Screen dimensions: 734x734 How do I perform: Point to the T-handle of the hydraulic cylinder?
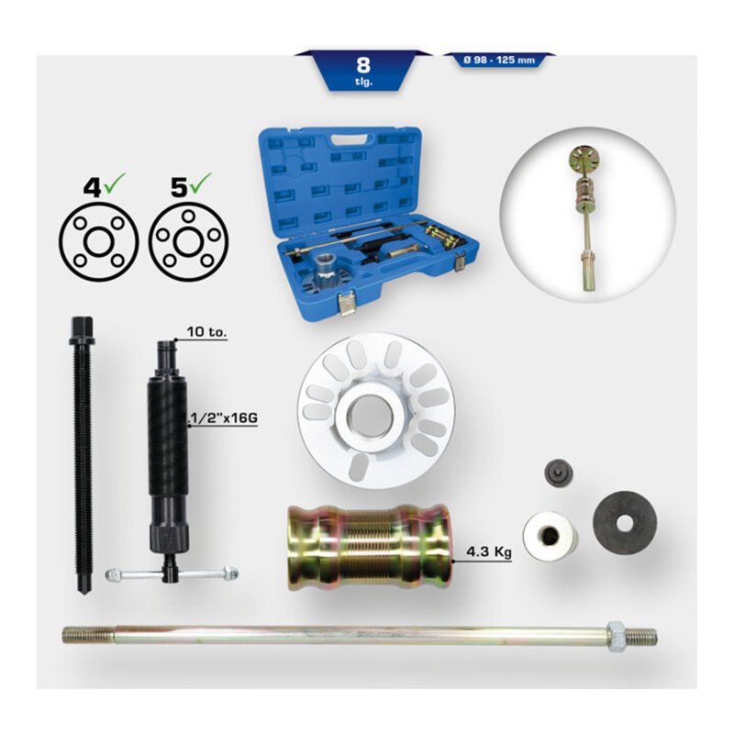click(x=171, y=573)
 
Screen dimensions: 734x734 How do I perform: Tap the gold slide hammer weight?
click(x=368, y=548)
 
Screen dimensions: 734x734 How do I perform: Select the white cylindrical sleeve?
click(x=549, y=533)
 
